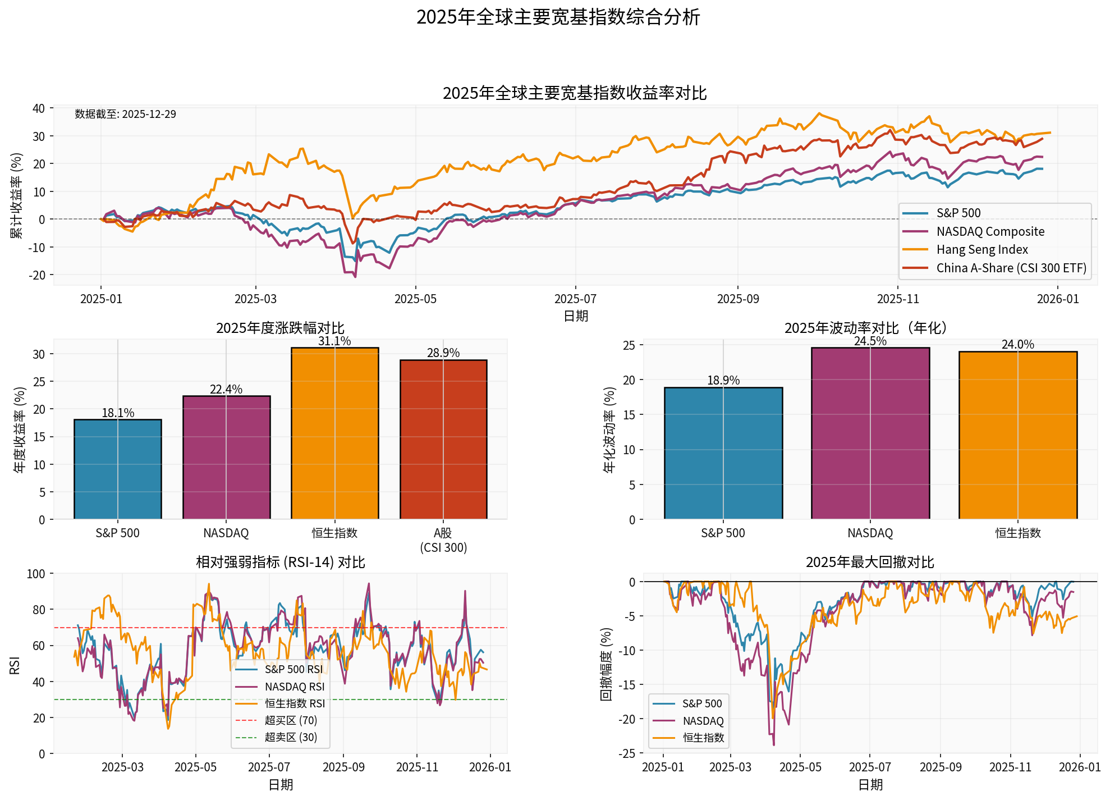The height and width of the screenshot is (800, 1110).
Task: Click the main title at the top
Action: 558,17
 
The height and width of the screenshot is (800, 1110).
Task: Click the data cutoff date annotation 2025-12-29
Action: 125,115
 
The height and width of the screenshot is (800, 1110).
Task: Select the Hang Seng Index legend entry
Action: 981,250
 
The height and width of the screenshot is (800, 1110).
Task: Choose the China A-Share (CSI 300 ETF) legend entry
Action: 1011,268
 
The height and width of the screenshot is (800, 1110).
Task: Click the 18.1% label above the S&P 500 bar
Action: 118,413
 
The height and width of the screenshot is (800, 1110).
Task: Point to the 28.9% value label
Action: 443,353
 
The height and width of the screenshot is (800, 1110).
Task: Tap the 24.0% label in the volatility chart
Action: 1017,345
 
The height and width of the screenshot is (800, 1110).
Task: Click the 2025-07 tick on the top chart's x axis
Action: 575,299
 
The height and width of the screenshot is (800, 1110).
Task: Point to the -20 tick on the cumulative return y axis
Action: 38,275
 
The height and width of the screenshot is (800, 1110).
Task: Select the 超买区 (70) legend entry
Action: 290,720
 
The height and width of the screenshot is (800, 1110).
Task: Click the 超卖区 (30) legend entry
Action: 290,737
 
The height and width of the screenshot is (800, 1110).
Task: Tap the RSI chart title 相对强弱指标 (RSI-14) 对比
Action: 280,563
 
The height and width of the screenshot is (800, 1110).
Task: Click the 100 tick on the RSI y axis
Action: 36,574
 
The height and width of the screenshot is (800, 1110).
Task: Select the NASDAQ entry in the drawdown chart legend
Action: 703,721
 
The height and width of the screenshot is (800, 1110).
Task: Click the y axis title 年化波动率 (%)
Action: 609,430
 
